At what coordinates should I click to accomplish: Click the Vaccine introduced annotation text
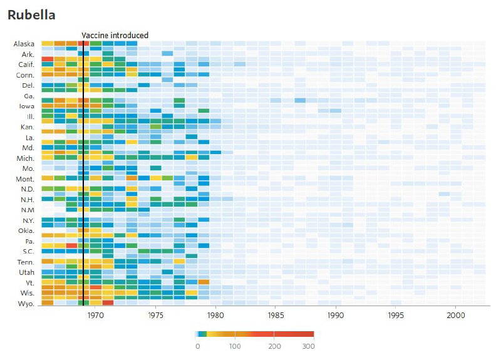[115, 35]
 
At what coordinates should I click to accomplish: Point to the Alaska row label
[24, 44]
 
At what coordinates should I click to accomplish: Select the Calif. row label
[26, 64]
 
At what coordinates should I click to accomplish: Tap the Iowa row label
[26, 106]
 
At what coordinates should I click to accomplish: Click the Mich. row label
[26, 158]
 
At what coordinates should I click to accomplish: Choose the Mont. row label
[25, 178]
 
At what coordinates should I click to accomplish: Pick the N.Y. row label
[27, 220]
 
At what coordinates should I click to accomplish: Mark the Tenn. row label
[25, 262]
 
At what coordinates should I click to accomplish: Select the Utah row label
[26, 272]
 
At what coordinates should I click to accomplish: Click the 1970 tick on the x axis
[95, 316]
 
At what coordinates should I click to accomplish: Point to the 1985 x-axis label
[276, 316]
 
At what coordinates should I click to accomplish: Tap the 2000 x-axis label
[455, 316]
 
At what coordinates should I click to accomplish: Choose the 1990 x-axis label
[336, 316]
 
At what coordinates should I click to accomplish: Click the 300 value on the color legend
[308, 346]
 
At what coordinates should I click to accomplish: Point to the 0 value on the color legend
[197, 346]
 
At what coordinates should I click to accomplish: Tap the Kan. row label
[26, 126]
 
